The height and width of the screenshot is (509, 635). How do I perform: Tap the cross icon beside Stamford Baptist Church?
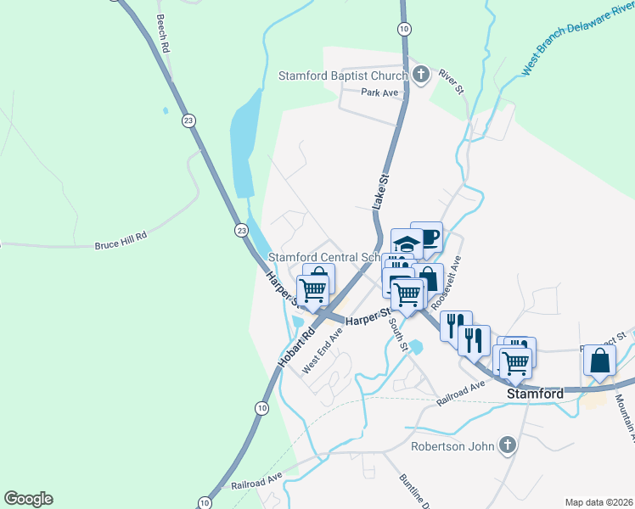[x=422, y=75]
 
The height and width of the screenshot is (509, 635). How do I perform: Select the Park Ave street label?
[x=379, y=92]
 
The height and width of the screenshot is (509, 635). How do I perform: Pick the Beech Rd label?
[x=162, y=35]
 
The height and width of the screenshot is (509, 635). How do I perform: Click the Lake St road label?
[x=379, y=190]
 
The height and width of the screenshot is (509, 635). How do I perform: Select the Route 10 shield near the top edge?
[x=405, y=29]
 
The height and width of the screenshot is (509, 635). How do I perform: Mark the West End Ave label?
[x=323, y=350]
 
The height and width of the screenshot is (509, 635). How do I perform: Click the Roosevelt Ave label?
[x=446, y=284]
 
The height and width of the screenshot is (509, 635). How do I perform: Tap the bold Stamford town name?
[x=535, y=394]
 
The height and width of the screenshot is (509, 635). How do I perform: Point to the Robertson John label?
[x=451, y=445]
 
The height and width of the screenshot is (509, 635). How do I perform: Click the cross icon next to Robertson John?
[x=507, y=445]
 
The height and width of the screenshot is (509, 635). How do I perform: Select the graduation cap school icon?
[x=407, y=243]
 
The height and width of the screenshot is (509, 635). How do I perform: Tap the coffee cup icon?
[x=427, y=236]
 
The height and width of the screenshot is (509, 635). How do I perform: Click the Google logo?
[x=28, y=499]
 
